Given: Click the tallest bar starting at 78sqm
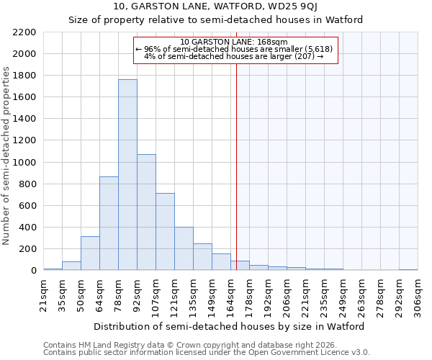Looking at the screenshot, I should click(x=127, y=175).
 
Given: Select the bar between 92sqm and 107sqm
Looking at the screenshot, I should click(x=146, y=212).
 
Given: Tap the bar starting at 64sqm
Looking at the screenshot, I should click(x=109, y=223).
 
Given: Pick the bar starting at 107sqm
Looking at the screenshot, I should click(x=165, y=232).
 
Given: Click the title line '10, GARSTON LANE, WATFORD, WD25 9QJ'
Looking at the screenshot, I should click(x=216, y=6).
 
